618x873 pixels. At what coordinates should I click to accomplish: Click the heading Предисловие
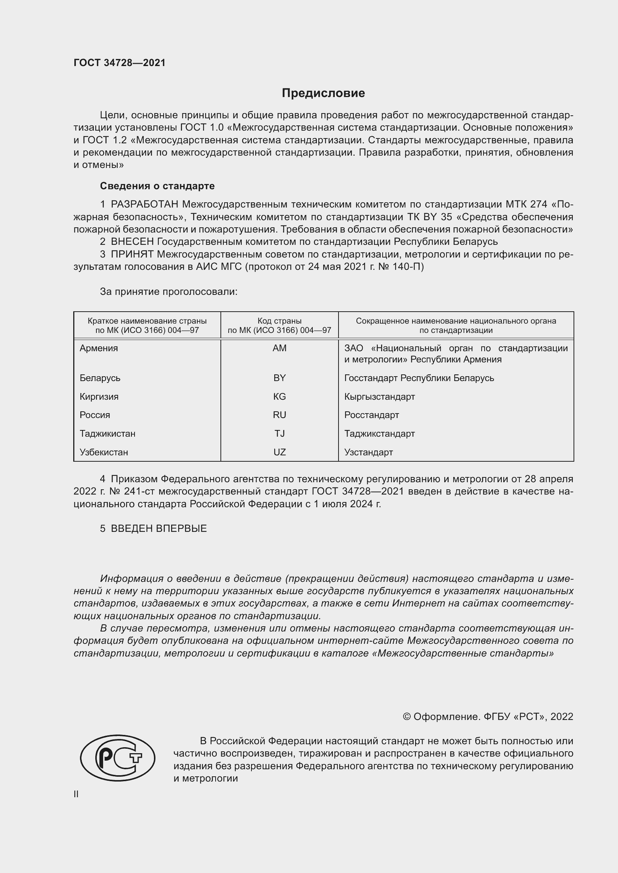coord(323,93)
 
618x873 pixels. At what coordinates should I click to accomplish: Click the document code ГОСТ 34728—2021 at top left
coord(120,63)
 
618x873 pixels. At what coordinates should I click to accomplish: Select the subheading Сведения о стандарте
coord(157,186)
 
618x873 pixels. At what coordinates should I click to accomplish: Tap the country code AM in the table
coord(279,348)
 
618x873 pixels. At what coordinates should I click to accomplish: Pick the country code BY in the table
coord(279,378)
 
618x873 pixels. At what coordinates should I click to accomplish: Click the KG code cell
coord(279,397)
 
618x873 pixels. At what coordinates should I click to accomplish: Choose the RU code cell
coord(279,415)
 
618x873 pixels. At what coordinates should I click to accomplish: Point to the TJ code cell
coord(279,433)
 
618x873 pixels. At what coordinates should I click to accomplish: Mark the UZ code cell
coord(279,452)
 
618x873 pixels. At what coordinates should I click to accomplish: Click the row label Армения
coord(99,348)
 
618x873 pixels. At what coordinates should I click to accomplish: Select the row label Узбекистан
coord(103,452)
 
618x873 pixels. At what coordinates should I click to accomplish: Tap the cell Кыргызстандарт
coord(379,397)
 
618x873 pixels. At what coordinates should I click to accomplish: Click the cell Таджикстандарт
coord(379,433)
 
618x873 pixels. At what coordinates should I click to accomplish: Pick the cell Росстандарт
coord(371,415)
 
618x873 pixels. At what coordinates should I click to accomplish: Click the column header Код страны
coord(279,321)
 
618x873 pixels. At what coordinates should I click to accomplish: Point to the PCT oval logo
coord(118,758)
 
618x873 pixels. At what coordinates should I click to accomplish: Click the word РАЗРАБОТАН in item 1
coord(144,205)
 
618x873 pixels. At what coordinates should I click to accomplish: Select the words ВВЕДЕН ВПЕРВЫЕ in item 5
coord(159,529)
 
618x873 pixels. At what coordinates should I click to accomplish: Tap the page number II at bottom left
coord(76,794)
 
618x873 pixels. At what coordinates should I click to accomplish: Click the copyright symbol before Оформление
coord(407,717)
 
